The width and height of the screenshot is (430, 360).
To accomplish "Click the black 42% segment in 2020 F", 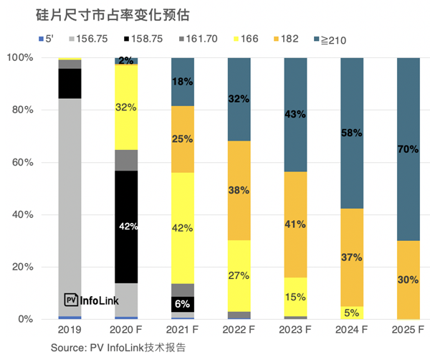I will point(126,227).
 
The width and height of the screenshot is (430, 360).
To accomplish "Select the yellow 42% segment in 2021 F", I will point(182,228).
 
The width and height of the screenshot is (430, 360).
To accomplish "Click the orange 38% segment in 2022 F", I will point(239,191).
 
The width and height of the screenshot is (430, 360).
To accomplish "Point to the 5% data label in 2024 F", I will point(352,313).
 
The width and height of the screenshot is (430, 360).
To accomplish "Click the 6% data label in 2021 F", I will point(183,303).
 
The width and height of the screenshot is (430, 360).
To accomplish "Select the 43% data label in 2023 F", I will point(295,114).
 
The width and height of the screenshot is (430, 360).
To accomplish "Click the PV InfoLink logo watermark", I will point(92,300).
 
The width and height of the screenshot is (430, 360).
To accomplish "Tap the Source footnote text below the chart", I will point(118,349).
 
